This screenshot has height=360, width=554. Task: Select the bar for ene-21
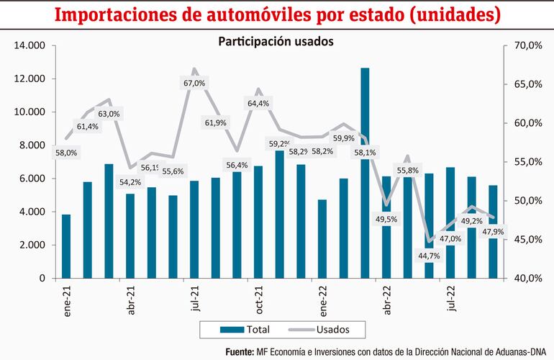tap(66, 246)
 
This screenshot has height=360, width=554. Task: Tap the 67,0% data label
tap(194, 84)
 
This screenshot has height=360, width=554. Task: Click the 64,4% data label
tap(258, 104)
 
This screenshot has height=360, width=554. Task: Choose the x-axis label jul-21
tap(194, 301)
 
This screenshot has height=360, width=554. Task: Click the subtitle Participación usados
tap(276, 42)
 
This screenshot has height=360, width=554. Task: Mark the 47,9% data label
tap(493, 231)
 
